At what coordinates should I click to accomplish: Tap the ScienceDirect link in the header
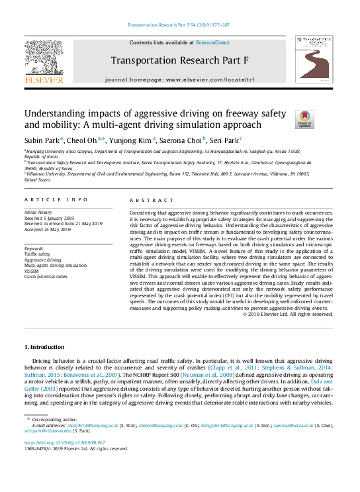212,42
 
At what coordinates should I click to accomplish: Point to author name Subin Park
42,140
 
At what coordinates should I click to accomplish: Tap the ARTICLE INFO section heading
56,199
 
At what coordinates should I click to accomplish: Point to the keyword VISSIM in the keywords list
31,271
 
